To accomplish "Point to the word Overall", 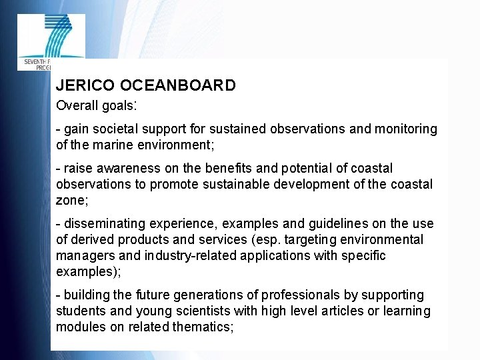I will point(76,105).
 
